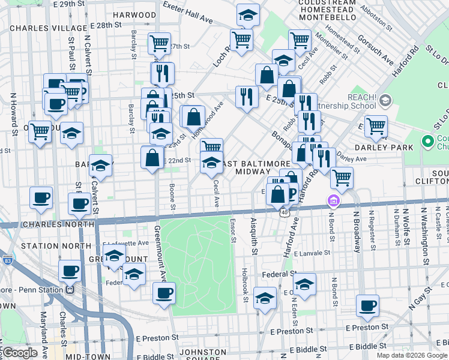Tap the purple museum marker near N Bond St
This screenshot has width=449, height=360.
click(x=334, y=201)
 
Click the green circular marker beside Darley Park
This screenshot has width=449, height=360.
click(x=428, y=142)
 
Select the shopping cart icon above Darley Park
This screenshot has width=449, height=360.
click(x=376, y=126)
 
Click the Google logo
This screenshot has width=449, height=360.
click(x=20, y=353)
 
